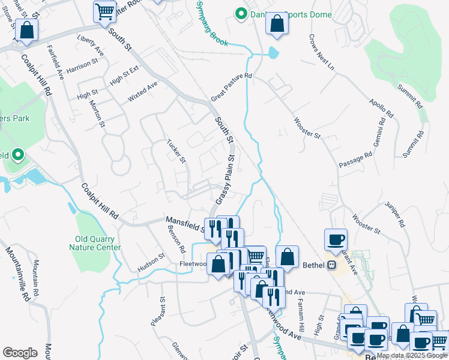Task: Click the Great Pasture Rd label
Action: point(232,88)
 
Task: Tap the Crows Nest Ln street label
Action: point(321,52)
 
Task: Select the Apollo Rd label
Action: point(381,108)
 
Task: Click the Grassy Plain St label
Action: point(224,179)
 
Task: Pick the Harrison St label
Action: point(82,64)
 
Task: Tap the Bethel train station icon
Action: point(331,265)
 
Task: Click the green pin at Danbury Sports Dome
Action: point(241,13)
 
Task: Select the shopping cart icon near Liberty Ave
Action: point(105,11)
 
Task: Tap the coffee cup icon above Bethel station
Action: point(336,239)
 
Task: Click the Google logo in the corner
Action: point(20,352)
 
